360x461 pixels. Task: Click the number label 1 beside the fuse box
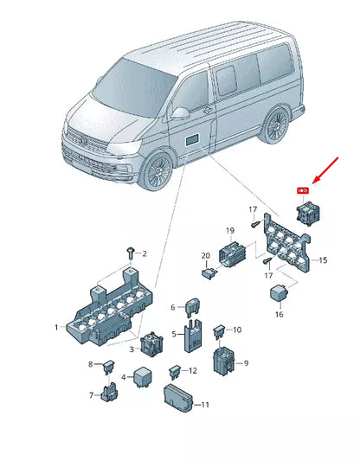56,328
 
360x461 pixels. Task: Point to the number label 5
174,333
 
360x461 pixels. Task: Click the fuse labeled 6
192,308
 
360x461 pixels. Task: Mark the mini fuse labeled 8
109,367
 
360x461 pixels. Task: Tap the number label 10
238,330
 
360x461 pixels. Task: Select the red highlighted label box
303,190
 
